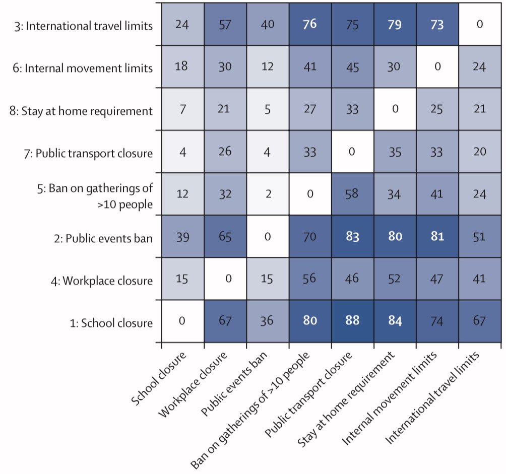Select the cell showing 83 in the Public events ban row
click(352, 237)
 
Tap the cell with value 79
click(395, 24)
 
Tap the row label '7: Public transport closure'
click(93, 153)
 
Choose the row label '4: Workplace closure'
click(107, 280)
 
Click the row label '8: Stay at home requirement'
click(87, 110)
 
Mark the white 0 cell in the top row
click(480, 24)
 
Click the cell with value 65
click(225, 237)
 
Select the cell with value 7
click(182, 109)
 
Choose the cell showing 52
click(395, 280)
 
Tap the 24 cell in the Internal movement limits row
click(480, 66)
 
